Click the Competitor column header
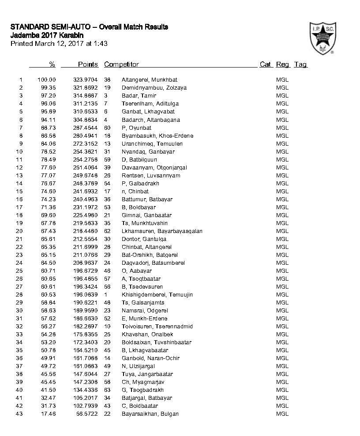pyautogui.click(x=121, y=64)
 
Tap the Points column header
pyautogui.click(x=88, y=64)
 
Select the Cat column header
pyautogui.click(x=265, y=64)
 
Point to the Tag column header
pyautogui.click(x=300, y=64)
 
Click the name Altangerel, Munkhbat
pyautogui.click(x=150, y=80)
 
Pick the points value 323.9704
pyautogui.click(x=86, y=80)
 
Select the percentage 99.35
pyautogui.click(x=47, y=88)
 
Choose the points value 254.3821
pyautogui.click(x=86, y=151)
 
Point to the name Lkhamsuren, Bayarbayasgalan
pyautogui.click(x=162, y=231)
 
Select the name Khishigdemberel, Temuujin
pyautogui.click(x=157, y=294)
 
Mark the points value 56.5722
pyautogui.click(x=87, y=413)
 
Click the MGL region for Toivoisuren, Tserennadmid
pyautogui.click(x=282, y=326)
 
